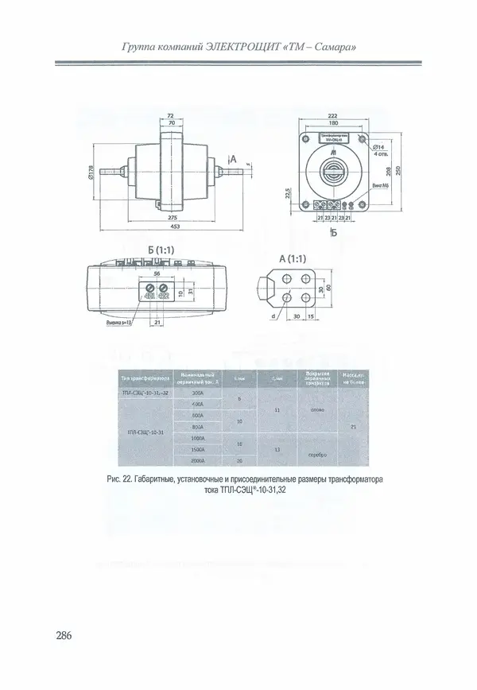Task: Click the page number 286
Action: (64, 636)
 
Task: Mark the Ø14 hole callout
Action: (380, 148)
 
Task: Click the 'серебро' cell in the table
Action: (309, 454)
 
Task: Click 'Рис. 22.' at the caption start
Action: (118, 480)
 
